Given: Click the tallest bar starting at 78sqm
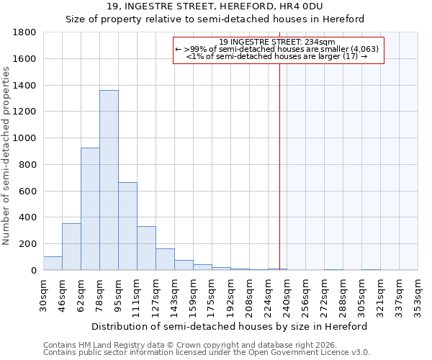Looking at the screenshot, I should [109, 180].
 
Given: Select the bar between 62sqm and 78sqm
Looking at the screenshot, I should [90, 209].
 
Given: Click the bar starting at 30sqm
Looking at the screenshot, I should [53, 264].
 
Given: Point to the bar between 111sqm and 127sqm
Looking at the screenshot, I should [146, 248].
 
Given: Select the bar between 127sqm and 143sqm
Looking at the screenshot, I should [165, 259].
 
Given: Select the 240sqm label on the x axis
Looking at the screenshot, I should [287, 294].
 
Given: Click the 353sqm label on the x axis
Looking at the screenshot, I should [418, 294].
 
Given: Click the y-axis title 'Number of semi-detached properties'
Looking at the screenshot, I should [6, 151].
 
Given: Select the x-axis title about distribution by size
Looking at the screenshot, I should [230, 326].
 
